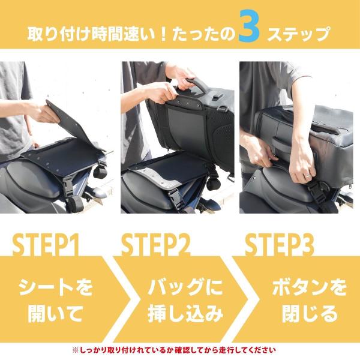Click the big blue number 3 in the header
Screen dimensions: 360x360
pos(249,26)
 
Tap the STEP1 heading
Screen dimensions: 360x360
pos(46,245)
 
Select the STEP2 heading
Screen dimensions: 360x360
pos(155,245)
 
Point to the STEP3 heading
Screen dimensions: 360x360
pos(279,245)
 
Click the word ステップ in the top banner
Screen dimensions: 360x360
pos(298,34)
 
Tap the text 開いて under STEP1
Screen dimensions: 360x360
pos(55,314)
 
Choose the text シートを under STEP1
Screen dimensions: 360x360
pos(56,287)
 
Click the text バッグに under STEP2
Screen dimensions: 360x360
pos(185,287)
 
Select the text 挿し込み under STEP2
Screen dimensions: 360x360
pos(185,314)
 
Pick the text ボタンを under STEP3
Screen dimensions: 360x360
pos(309,287)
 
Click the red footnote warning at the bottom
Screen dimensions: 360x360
pos(174,350)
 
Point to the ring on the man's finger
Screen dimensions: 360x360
pos(307,176)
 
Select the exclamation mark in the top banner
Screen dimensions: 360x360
pos(163,34)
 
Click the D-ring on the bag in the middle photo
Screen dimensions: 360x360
pos(220,109)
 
